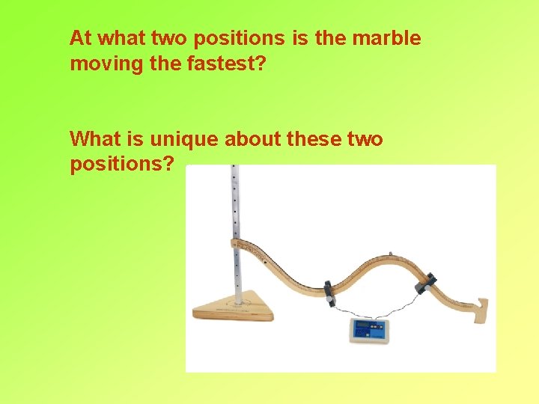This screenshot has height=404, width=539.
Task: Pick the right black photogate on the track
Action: click(428, 281)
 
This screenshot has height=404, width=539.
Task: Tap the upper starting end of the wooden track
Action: click(242, 244)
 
